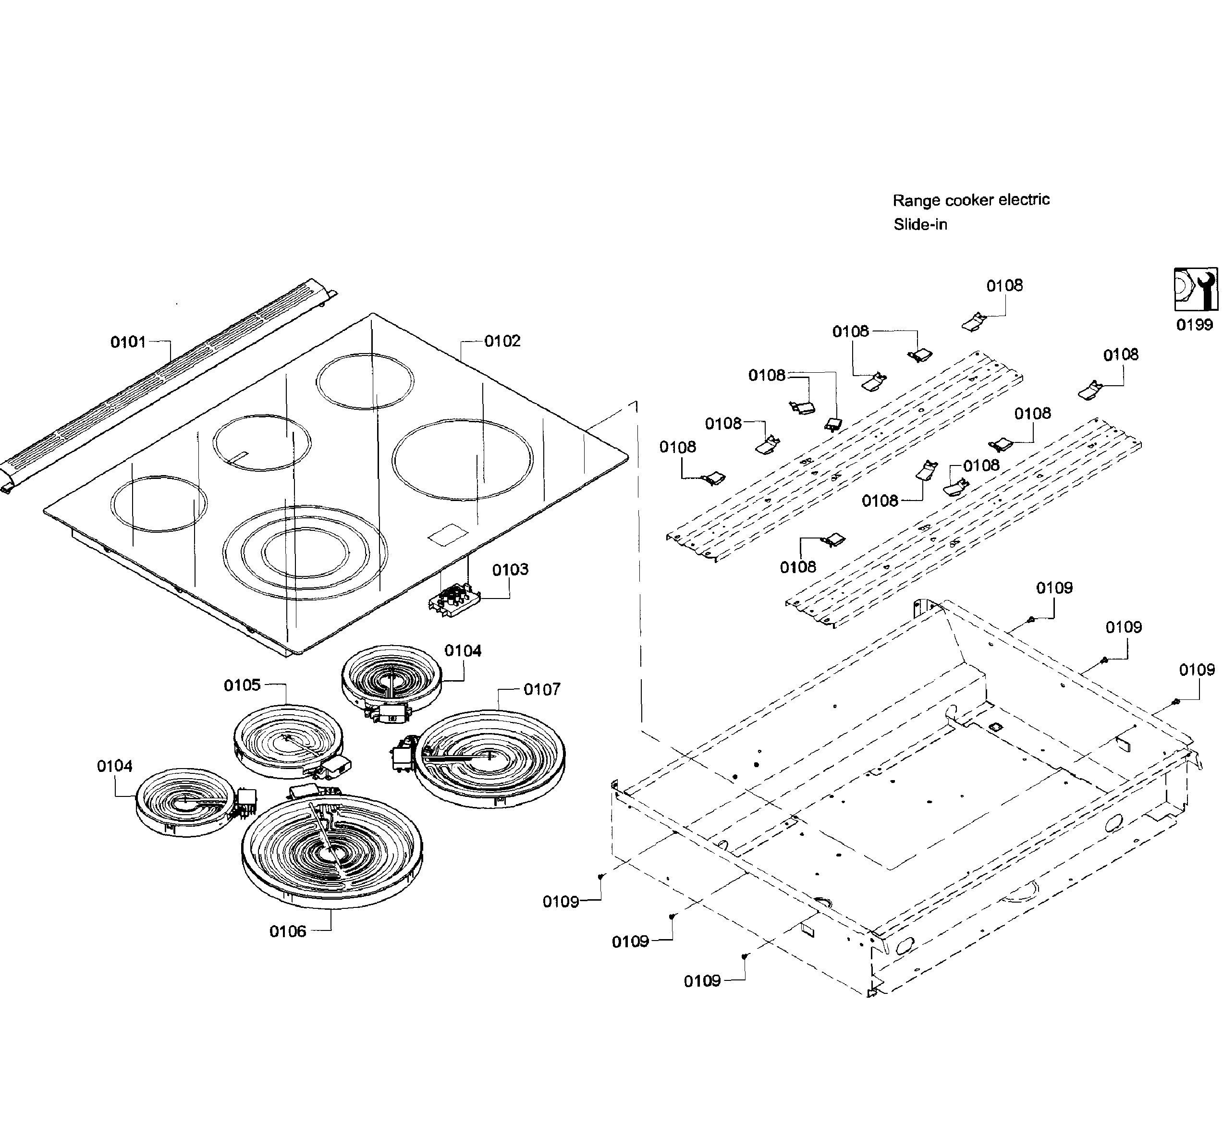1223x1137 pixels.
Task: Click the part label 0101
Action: click(128, 342)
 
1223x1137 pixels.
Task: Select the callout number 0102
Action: click(502, 341)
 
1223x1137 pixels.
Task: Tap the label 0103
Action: click(510, 570)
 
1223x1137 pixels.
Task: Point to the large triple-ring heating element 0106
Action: click(332, 852)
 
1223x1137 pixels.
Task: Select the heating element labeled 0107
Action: click(490, 758)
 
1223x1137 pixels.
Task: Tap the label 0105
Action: click(243, 685)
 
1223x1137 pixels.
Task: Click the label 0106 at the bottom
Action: click(287, 931)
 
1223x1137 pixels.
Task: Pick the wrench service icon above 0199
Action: click(1195, 289)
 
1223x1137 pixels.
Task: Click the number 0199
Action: click(1194, 325)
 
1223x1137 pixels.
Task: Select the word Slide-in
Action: click(920, 225)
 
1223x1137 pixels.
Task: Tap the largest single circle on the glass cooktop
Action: click(463, 460)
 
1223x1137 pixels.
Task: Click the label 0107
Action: click(541, 690)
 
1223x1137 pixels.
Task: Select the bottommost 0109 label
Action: click(702, 981)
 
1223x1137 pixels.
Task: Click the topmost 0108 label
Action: click(1004, 285)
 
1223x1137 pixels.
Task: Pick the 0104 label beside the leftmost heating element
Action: click(114, 767)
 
